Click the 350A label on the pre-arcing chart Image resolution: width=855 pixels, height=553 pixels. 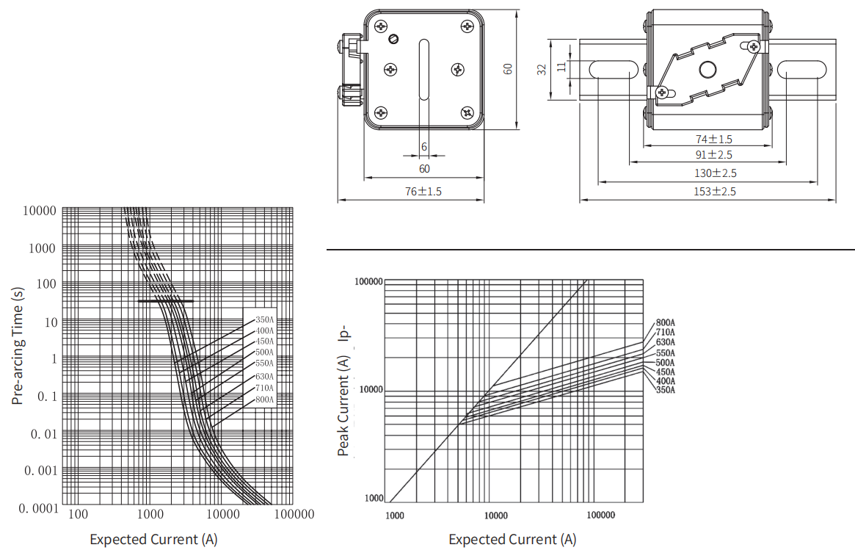[264, 320]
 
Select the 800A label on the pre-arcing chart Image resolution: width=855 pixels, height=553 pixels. [264, 400]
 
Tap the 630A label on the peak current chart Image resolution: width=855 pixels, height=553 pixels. [665, 342]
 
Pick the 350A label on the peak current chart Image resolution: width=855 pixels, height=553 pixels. [665, 390]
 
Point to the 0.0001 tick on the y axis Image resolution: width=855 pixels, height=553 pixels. [38, 509]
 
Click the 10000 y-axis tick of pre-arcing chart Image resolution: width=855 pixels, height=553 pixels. [39, 211]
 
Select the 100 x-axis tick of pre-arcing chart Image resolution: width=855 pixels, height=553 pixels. [78, 514]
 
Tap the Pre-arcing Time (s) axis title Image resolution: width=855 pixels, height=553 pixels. [18, 346]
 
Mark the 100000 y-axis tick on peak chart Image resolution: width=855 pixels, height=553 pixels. [368, 282]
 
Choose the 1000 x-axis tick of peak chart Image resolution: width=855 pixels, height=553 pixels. [395, 516]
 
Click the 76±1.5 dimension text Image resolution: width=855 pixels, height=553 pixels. [423, 192]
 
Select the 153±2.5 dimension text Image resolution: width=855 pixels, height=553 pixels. [714, 192]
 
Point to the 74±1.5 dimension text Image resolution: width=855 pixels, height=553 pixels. [714, 140]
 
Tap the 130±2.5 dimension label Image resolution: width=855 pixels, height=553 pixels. [715, 173]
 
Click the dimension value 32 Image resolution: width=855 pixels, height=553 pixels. [542, 69]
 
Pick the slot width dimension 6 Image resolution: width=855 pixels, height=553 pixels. [424, 147]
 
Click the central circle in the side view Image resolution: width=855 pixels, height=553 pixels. [707, 69]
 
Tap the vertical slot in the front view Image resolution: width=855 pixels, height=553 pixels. [423, 70]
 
